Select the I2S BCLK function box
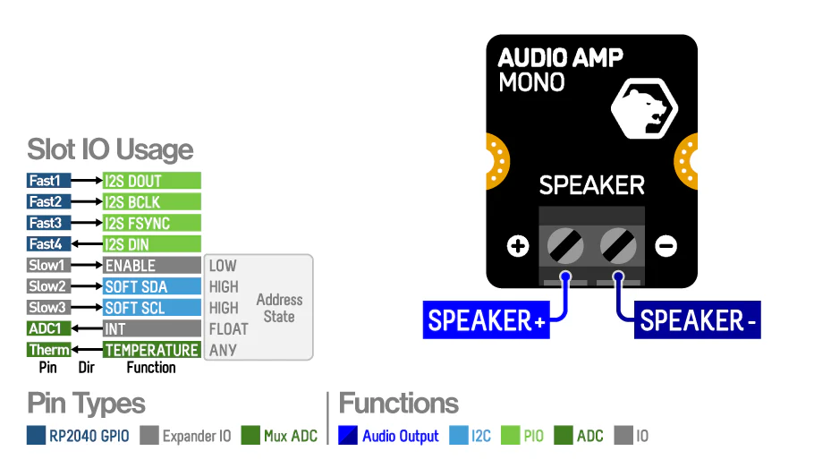pos(151,202)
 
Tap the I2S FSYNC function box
pos(151,223)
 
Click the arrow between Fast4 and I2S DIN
pos(87,244)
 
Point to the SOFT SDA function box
pos(151,286)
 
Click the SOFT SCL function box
pos(151,308)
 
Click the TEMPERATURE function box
pos(151,350)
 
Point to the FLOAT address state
pos(228,329)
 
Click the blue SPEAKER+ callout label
pos(486,320)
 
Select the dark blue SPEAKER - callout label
pos(698,320)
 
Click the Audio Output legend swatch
pos(348,436)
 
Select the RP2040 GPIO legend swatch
pos(37,436)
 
